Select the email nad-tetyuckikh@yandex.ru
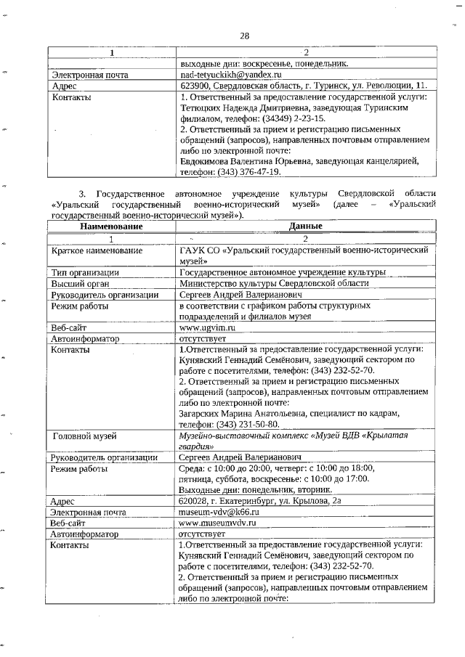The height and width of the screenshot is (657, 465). tap(229, 75)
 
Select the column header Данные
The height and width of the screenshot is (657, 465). tap(305, 227)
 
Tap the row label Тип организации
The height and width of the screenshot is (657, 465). tap(85, 272)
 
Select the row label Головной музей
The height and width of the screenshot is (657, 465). tap(86, 436)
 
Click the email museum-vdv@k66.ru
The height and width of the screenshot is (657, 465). tap(219, 512)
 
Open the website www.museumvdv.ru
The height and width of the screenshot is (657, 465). tap(219, 523)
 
